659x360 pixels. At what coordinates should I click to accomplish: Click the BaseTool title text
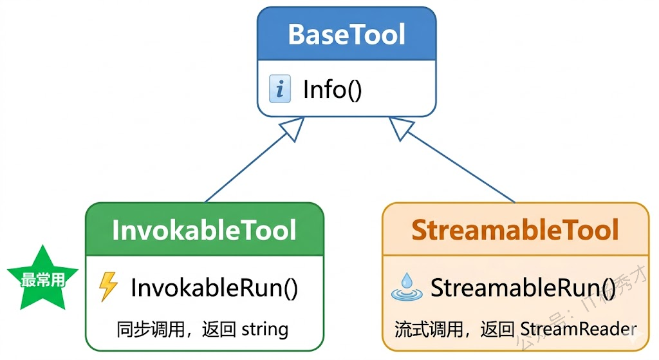(346, 34)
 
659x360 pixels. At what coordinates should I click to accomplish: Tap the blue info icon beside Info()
(279, 90)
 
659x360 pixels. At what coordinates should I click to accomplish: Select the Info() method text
(332, 90)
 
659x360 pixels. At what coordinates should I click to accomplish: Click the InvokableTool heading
(204, 231)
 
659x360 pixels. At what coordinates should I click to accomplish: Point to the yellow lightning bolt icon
(108, 287)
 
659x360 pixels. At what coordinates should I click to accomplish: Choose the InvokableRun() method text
(214, 287)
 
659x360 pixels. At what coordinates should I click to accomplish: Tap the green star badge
(42, 276)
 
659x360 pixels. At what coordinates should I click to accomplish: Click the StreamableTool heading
(515, 231)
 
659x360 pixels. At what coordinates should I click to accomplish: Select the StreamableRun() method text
(523, 287)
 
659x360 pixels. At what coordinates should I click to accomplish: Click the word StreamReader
(577, 330)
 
